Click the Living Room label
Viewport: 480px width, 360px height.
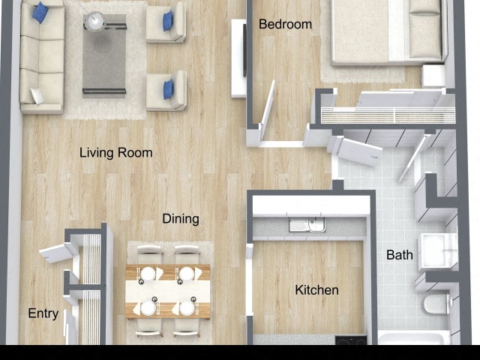pyautogui.click(x=115, y=153)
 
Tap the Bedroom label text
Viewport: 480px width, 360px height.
pyautogui.click(x=285, y=25)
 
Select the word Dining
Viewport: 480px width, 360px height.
pyautogui.click(x=181, y=219)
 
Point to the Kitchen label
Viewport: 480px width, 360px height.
pyautogui.click(x=316, y=290)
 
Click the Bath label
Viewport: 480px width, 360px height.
pyautogui.click(x=399, y=255)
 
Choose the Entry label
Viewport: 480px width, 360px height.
pyautogui.click(x=43, y=313)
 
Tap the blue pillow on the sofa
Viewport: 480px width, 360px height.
pyautogui.click(x=40, y=13)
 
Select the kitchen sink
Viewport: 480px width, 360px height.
pyautogui.click(x=307, y=225)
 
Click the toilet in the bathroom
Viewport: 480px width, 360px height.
pyautogui.click(x=435, y=304)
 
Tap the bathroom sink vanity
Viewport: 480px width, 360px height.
pyautogui.click(x=437, y=250)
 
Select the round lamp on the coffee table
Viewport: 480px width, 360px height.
pyautogui.click(x=95, y=22)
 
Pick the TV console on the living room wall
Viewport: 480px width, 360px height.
pyautogui.click(x=239, y=58)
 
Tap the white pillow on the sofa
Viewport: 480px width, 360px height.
pyautogui.click(x=37, y=95)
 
